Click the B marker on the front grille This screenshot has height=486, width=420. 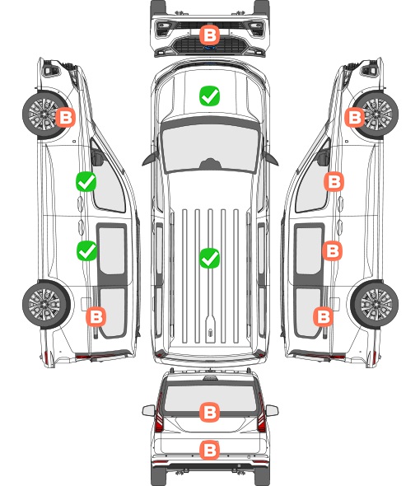coord(209,35)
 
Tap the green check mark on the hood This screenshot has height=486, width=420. coord(209,96)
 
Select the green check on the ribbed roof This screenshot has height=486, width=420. coord(209,258)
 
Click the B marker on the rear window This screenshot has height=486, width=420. coord(209,412)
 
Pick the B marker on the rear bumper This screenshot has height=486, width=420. coord(209,450)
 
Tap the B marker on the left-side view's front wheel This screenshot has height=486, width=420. coord(65,117)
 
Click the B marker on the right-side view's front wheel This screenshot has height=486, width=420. coord(355,117)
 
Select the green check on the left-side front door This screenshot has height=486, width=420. coord(86,181)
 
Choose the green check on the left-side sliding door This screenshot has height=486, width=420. coord(86,250)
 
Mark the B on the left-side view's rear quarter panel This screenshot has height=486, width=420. coord(96,316)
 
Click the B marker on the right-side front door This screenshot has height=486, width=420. coord(334,181)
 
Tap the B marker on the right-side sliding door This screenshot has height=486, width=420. coord(332,250)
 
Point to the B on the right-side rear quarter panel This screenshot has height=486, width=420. coord(324,316)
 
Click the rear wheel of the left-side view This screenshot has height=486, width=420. coord(46,304)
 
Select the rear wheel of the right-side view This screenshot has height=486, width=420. coord(375,304)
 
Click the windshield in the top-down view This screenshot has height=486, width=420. coord(210,147)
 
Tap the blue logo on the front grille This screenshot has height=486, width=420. coord(210,48)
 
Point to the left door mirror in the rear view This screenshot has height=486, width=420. coord(148,410)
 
